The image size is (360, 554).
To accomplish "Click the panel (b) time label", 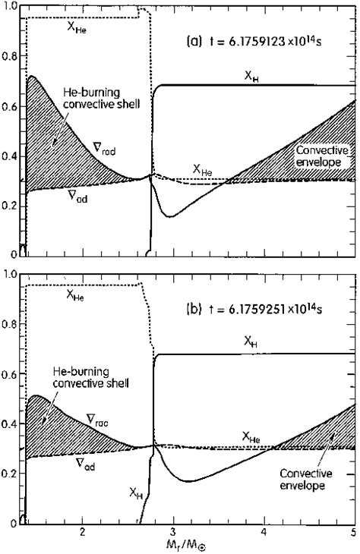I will [x=261, y=310].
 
